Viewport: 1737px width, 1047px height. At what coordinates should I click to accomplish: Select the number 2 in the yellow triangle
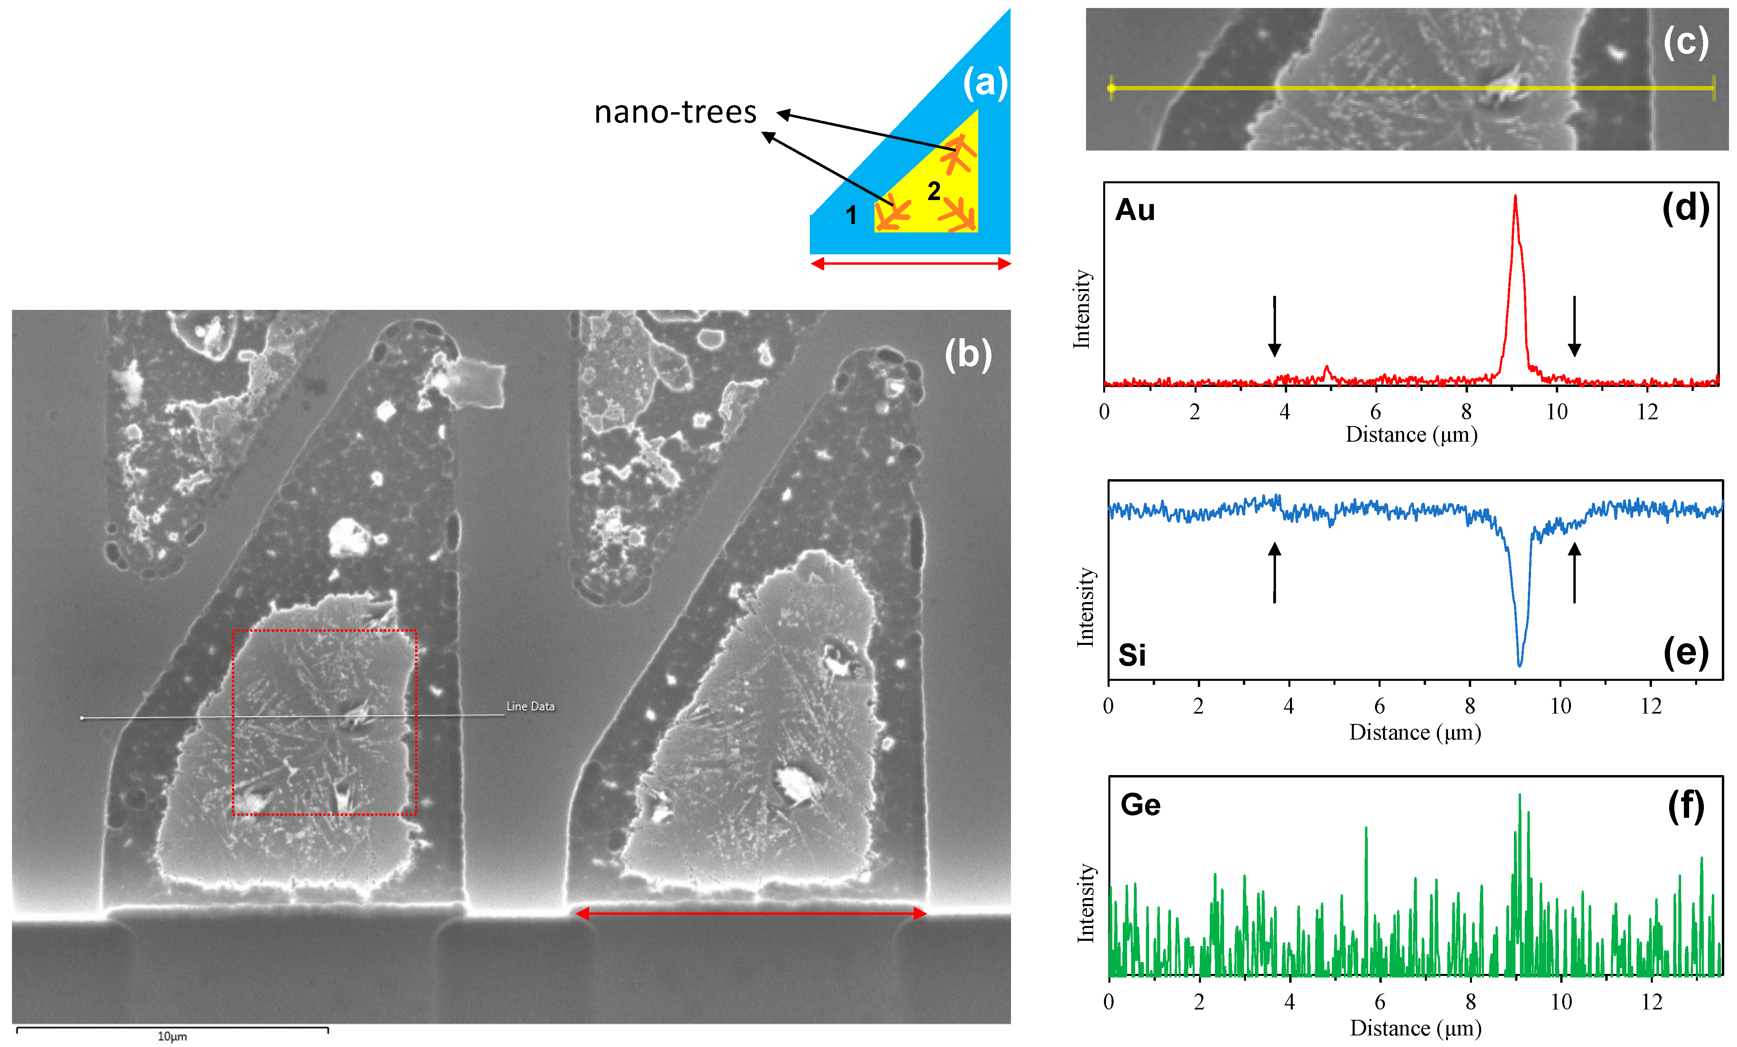934,190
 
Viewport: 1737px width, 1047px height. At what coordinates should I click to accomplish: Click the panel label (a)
985,83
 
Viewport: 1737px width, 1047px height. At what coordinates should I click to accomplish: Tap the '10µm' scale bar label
172,1037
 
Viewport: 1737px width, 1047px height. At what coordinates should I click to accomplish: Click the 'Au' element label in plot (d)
1135,210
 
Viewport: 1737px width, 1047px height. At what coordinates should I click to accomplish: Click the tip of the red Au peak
1515,197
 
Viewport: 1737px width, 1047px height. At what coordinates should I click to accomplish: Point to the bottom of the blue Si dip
1520,664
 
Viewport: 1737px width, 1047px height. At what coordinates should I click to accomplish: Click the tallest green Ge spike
1519,795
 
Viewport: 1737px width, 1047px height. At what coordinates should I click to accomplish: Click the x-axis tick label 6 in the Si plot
1380,706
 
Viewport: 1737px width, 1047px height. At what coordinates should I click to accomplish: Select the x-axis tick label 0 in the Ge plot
1109,1002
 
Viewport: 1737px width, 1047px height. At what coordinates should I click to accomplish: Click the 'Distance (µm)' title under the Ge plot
1416,1028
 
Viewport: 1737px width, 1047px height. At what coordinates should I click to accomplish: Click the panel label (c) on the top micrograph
1686,42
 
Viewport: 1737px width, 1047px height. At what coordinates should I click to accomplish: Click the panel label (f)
1686,805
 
